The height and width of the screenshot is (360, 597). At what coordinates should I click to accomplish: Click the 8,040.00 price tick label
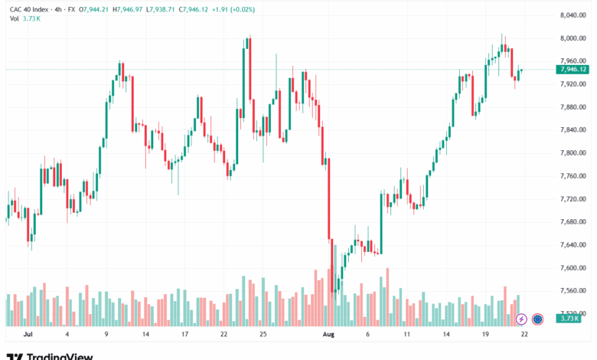pos(573,15)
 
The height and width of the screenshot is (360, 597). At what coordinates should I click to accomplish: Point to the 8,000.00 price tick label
pos(573,38)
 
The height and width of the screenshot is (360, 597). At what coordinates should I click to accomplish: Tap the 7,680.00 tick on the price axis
pos(573,221)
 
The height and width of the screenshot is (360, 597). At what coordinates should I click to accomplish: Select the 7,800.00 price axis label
pos(573,152)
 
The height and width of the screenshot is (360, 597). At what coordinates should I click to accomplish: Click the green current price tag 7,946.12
pos(573,70)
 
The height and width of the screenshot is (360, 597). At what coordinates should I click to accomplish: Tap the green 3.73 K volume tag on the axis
pos(569,319)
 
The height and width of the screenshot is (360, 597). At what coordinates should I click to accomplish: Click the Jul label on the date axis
pos(28,335)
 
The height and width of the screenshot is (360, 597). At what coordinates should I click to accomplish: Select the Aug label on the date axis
pos(328,335)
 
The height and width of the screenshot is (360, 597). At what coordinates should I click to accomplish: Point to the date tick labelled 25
pos(263,335)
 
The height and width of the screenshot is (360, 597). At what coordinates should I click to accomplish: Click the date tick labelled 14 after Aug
pos(446,335)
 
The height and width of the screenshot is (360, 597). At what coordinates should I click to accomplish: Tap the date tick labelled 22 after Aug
pos(524,335)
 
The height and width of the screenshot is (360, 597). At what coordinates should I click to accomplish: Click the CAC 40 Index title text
pos(29,9)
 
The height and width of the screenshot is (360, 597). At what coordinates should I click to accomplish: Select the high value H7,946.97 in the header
pos(128,9)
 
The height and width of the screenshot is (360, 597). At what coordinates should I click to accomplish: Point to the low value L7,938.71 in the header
pos(160,9)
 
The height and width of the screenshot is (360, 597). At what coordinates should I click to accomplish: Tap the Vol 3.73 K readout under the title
pos(25,18)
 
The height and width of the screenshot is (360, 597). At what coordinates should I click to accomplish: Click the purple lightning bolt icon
pos(521,319)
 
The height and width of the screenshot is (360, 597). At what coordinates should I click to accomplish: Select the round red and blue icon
pos(537,319)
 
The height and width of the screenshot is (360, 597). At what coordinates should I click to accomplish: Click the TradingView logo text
pos(50,356)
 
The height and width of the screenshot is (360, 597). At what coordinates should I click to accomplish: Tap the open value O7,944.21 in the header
pos(93,9)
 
